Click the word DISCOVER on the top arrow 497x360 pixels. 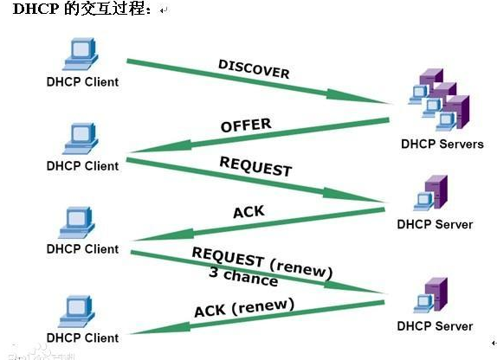pyautogui.click(x=254, y=69)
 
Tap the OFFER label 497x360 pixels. pyautogui.click(x=246, y=125)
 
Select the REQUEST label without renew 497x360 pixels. pyautogui.click(x=255, y=166)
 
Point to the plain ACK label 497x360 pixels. pyautogui.click(x=249, y=212)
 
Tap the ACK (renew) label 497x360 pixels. pyautogui.click(x=243, y=307)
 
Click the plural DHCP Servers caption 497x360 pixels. pyautogui.click(x=442, y=144)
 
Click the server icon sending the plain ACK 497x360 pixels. pyautogui.click(x=432, y=195)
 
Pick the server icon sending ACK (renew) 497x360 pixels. pyautogui.click(x=432, y=297)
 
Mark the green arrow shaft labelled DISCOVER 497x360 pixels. pyautogui.click(x=251, y=85)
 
